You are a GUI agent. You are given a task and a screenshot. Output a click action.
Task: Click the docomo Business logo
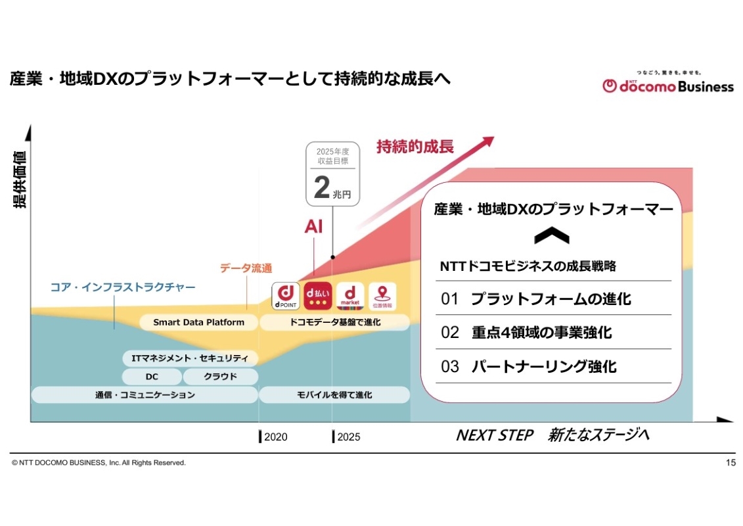pos(667,84)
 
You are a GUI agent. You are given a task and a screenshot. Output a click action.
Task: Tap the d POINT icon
pos(286,295)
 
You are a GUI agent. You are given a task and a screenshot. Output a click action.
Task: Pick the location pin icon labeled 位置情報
pos(382,295)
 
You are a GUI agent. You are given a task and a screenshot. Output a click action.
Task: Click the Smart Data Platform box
pos(198,322)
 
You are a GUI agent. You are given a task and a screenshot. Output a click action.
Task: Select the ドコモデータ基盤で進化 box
pos(334,322)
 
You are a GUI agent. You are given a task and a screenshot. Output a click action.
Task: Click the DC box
pos(151,377)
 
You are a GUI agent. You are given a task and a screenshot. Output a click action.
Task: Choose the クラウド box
pos(220,377)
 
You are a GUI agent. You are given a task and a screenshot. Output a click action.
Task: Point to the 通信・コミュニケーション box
pos(145,394)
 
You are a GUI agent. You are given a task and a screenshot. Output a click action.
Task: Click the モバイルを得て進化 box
pos(334,394)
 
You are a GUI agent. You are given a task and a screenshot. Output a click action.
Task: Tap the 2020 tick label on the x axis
pos(275,437)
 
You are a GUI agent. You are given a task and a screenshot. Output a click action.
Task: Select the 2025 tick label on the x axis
pos(348,437)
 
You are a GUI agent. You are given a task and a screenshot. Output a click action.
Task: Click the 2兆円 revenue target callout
pos(333,174)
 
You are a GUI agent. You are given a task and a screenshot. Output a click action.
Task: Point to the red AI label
pos(313,227)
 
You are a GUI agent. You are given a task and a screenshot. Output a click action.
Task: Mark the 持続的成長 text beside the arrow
pos(415,146)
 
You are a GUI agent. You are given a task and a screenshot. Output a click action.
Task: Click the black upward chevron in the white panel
pos(552,237)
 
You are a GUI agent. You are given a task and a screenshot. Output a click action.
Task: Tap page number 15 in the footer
pos(731,463)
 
